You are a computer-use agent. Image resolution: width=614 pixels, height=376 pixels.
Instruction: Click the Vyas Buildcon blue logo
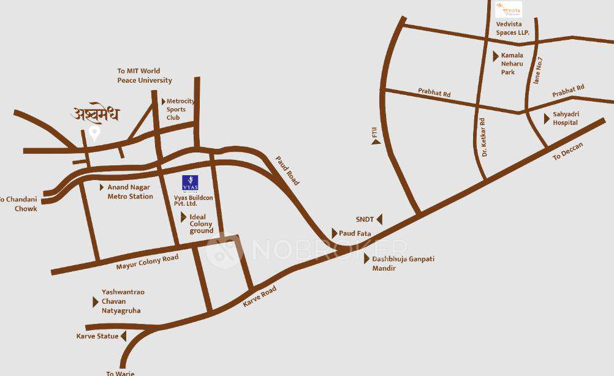(190, 183)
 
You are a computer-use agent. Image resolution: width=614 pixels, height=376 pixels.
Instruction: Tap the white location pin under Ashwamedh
(94, 133)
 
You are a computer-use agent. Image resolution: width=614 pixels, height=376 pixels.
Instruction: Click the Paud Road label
(287, 170)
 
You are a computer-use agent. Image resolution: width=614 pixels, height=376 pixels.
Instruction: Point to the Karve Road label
(260, 296)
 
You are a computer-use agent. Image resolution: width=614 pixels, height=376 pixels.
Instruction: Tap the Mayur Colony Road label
(147, 263)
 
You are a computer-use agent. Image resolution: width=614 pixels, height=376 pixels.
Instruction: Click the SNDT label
(365, 219)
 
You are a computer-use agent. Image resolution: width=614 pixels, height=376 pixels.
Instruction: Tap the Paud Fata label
(355, 233)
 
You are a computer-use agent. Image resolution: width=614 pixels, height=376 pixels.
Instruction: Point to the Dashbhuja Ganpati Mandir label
(403, 263)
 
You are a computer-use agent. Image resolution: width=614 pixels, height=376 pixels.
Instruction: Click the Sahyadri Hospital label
(566, 118)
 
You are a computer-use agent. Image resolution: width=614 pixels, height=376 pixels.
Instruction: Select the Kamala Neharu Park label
(512, 64)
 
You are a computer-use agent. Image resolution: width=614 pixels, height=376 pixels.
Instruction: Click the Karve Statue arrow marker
(123, 336)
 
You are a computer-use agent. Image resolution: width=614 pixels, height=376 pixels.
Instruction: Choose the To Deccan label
(568, 151)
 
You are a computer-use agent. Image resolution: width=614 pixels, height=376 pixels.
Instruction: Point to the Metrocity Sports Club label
(180, 109)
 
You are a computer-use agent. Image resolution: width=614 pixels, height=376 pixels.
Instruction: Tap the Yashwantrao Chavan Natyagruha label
(123, 301)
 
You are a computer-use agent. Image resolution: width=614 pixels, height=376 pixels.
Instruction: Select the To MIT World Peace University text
(145, 75)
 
